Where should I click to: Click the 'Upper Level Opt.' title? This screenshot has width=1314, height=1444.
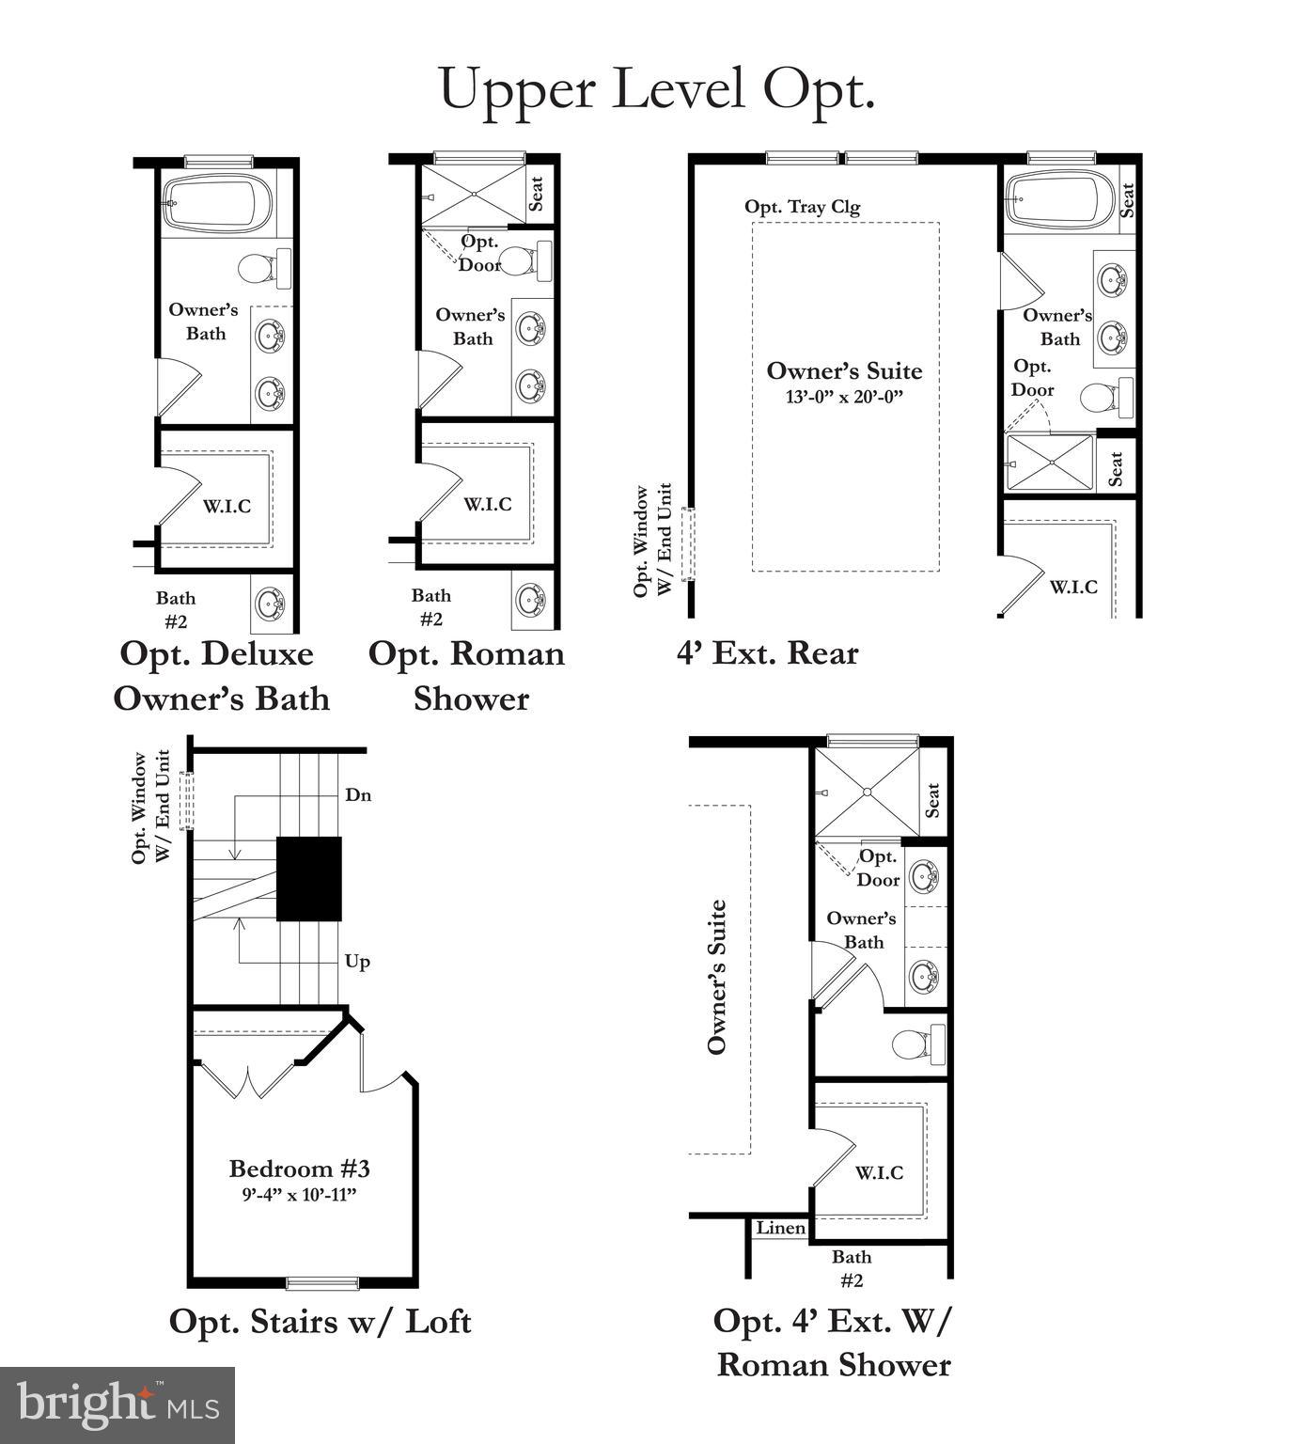[x=657, y=88]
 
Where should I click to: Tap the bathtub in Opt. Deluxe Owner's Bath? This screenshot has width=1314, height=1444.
[x=218, y=202]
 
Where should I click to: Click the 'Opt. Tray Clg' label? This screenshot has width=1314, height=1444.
[x=802, y=207]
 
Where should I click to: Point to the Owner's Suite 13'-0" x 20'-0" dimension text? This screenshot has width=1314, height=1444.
[x=843, y=397]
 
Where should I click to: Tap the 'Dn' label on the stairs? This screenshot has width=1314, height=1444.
[x=358, y=795]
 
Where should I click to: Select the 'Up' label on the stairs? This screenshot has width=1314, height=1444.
[x=357, y=962]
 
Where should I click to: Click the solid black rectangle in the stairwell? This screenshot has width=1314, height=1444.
[x=309, y=879]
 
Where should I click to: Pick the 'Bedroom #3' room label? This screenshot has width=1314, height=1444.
[x=299, y=1169]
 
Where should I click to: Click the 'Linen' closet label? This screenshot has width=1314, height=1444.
[x=780, y=1229]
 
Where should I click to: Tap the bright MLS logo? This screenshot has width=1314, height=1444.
[x=117, y=1405]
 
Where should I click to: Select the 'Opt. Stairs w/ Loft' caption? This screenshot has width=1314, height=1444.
[x=320, y=1321]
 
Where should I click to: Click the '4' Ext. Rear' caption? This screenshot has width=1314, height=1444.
[x=767, y=652]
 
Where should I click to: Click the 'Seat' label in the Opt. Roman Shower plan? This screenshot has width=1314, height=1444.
[x=537, y=194]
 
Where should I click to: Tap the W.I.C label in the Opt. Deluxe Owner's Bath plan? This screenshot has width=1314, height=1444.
[x=227, y=507]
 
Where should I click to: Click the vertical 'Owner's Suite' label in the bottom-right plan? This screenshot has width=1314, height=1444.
[x=717, y=978]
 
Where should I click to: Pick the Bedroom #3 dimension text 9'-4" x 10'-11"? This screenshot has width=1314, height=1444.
[x=299, y=1195]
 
